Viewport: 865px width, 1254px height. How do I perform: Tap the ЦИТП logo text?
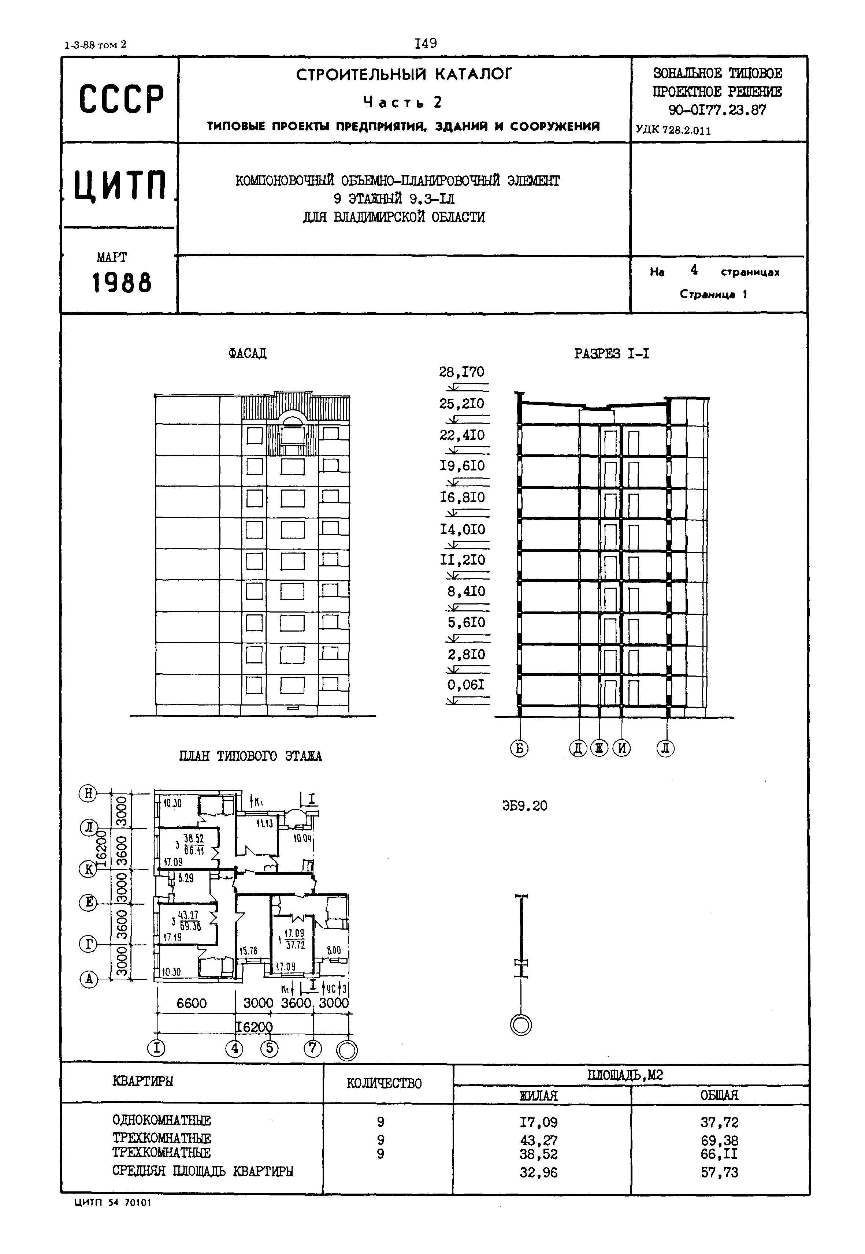point(120,186)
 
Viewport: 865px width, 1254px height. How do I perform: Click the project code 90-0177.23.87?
point(717,110)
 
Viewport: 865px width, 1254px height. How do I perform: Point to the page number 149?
point(426,43)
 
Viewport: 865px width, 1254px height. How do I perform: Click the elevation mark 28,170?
point(461,372)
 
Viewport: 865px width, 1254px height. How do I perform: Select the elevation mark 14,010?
point(462,529)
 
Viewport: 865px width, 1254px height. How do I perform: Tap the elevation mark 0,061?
point(465,685)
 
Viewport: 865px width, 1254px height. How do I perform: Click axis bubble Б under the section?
point(519,748)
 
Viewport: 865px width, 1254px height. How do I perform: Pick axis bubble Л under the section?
point(665,748)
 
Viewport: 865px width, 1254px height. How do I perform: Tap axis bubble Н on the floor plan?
point(88,793)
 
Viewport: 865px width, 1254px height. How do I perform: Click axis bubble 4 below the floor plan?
point(234,1048)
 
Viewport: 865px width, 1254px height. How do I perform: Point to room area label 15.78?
point(248,950)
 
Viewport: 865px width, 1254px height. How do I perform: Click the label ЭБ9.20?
point(524,806)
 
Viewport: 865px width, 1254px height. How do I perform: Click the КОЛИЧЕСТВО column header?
point(384,1083)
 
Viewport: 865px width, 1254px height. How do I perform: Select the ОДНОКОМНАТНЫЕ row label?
point(162,1120)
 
